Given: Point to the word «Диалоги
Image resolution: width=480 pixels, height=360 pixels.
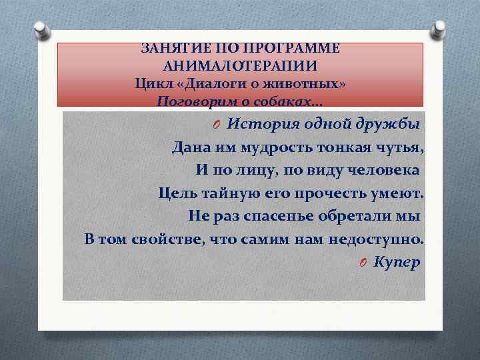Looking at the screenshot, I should [209, 84].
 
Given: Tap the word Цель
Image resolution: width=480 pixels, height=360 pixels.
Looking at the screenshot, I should [175, 193].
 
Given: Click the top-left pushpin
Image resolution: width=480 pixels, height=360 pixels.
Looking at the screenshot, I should [41, 29].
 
